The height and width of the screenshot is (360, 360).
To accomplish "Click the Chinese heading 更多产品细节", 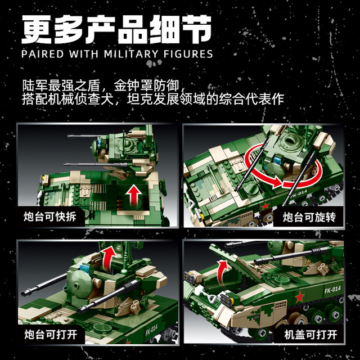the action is (x=116, y=29).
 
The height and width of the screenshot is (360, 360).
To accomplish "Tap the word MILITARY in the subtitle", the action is (x=131, y=54).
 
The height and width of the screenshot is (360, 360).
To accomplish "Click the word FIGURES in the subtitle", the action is (x=188, y=54).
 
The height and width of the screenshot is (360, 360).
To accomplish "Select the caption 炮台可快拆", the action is (x=50, y=217).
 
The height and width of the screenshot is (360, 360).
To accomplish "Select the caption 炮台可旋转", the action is (x=309, y=217).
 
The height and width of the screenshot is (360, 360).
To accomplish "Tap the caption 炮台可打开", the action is (x=51, y=334).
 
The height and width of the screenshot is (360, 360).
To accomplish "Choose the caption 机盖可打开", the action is (x=310, y=335).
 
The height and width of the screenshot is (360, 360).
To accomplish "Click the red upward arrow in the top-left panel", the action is (x=134, y=195).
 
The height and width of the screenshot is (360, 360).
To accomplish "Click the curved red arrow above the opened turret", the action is (x=108, y=257).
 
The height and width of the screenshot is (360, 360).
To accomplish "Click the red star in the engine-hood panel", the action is (x=300, y=298).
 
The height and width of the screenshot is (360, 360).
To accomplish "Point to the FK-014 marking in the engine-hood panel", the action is (x=332, y=290).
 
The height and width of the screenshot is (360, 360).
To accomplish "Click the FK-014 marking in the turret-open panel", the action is (x=152, y=330).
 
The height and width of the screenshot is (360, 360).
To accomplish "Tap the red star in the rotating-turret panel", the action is (x=265, y=206).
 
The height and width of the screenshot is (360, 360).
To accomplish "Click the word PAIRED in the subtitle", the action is (x=43, y=54).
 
